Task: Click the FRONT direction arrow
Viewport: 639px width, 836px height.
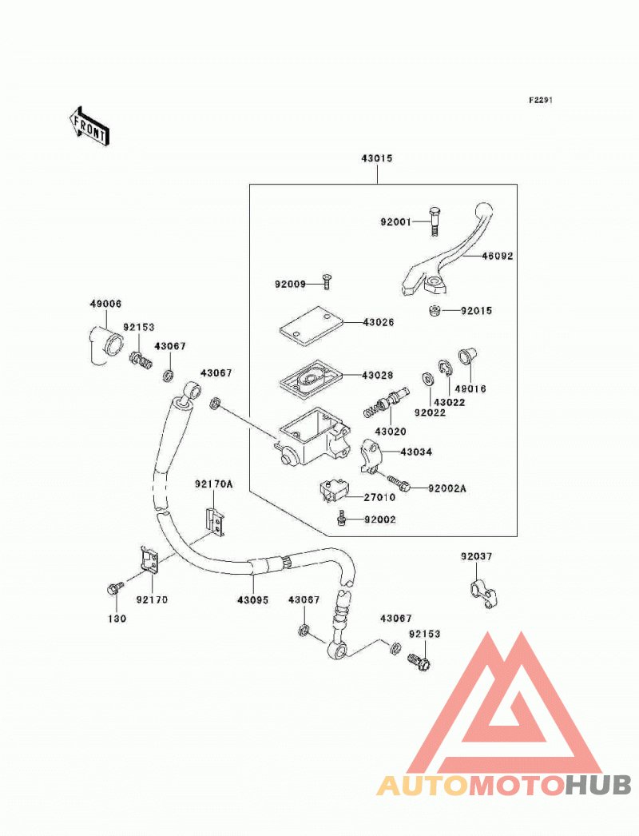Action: pyautogui.click(x=89, y=125)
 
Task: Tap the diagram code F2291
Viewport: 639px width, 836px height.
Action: pyautogui.click(x=541, y=100)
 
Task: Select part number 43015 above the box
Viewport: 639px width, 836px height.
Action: pyautogui.click(x=377, y=158)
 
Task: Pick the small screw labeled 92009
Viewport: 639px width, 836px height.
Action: pyautogui.click(x=326, y=281)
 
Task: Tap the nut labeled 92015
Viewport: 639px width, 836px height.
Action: pyautogui.click(x=435, y=310)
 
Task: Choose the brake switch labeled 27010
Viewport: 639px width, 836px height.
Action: pyautogui.click(x=331, y=491)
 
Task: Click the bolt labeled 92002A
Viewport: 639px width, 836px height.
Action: pyautogui.click(x=399, y=483)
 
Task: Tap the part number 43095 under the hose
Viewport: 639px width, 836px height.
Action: pyautogui.click(x=252, y=600)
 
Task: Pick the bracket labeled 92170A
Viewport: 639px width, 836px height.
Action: pyautogui.click(x=216, y=522)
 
